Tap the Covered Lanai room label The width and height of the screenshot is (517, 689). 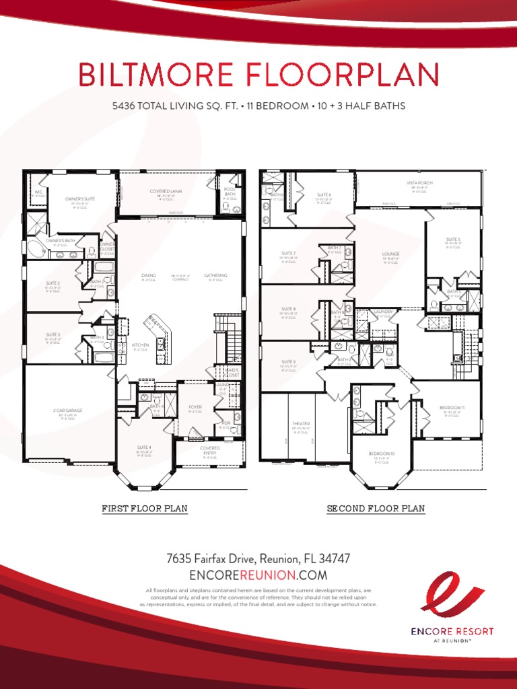[166, 191]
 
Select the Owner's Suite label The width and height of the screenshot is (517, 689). [80, 198]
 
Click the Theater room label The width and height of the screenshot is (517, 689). [300, 424]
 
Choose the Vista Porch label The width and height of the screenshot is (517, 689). [419, 183]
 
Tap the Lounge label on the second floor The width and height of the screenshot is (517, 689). [391, 254]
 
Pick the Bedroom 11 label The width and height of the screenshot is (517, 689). [452, 408]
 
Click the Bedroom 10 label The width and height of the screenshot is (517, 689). [382, 454]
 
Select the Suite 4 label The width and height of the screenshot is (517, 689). [143, 447]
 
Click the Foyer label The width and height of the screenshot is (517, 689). [195, 406]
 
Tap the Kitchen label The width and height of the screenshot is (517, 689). [140, 344]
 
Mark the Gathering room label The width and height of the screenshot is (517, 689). [216, 275]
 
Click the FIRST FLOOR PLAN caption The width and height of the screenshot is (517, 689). [144, 509]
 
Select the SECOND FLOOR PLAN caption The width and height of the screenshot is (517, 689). [376, 509]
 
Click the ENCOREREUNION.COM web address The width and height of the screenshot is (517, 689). [258, 575]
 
